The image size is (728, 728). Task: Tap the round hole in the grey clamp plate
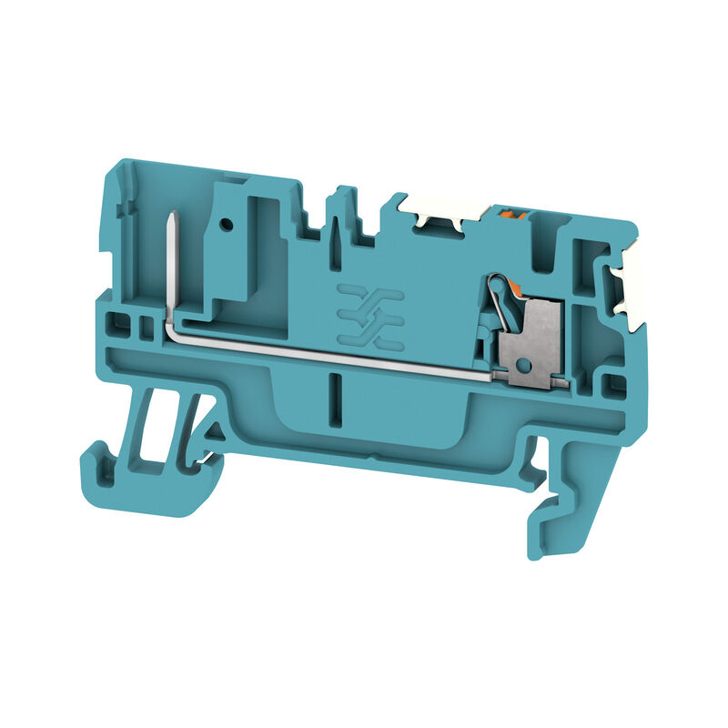point(522,366)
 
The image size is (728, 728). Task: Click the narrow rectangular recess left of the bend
point(142,324)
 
